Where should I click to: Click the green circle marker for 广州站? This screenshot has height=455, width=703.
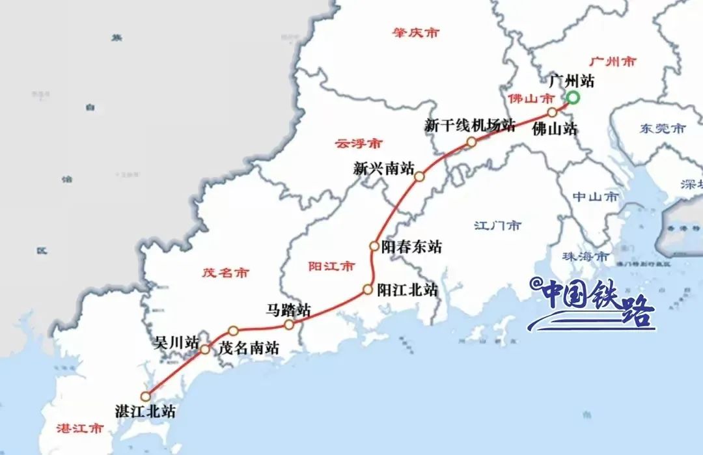(x=573, y=98)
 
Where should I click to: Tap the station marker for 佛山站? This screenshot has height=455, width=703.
(x=552, y=112)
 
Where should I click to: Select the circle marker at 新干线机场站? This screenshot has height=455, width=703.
(x=471, y=141)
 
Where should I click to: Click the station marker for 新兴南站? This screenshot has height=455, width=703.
(x=419, y=176)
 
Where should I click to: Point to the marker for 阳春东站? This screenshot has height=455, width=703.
(x=374, y=246)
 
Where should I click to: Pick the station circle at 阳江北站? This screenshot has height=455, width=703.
(x=368, y=290)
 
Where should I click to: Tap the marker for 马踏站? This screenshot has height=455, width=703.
(x=289, y=324)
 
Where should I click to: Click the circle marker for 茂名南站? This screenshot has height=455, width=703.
(x=233, y=331)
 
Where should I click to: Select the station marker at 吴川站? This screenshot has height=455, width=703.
(x=204, y=350)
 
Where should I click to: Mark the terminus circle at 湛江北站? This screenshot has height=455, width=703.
(x=146, y=395)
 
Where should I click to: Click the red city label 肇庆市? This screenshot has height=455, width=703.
(x=415, y=32)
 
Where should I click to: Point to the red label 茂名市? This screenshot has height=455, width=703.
(x=225, y=273)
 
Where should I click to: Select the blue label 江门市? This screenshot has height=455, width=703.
(x=498, y=226)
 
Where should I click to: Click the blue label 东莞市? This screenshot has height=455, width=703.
(x=661, y=129)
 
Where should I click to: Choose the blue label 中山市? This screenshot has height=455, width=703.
(x=596, y=196)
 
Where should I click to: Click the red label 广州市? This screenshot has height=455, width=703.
(x=613, y=62)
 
